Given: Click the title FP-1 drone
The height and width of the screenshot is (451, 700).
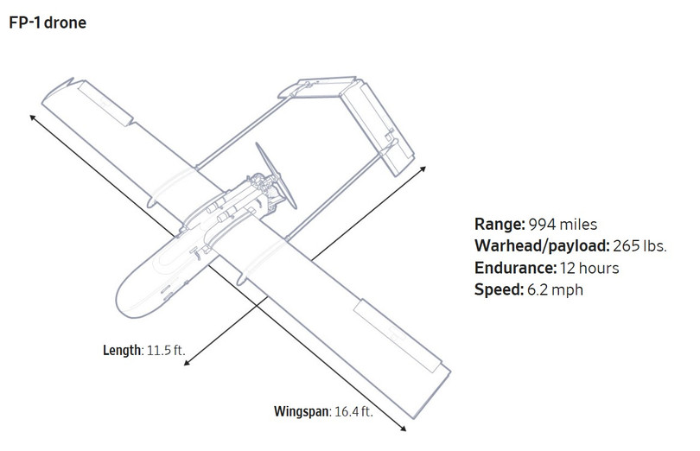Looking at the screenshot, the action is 48,22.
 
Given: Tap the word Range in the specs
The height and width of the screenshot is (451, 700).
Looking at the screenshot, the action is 500,224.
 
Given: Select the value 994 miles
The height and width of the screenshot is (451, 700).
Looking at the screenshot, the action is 563,224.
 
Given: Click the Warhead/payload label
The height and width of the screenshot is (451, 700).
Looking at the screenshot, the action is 542,246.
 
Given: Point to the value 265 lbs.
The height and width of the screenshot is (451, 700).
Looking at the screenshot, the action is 640,246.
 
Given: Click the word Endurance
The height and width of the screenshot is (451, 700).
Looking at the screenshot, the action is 516,268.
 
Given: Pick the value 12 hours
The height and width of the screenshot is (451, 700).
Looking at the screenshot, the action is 589,268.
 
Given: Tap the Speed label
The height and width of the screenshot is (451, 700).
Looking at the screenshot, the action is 499,289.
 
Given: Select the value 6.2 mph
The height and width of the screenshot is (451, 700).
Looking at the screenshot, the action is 555,289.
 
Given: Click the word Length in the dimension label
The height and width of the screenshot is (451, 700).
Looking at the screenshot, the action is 123,350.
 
